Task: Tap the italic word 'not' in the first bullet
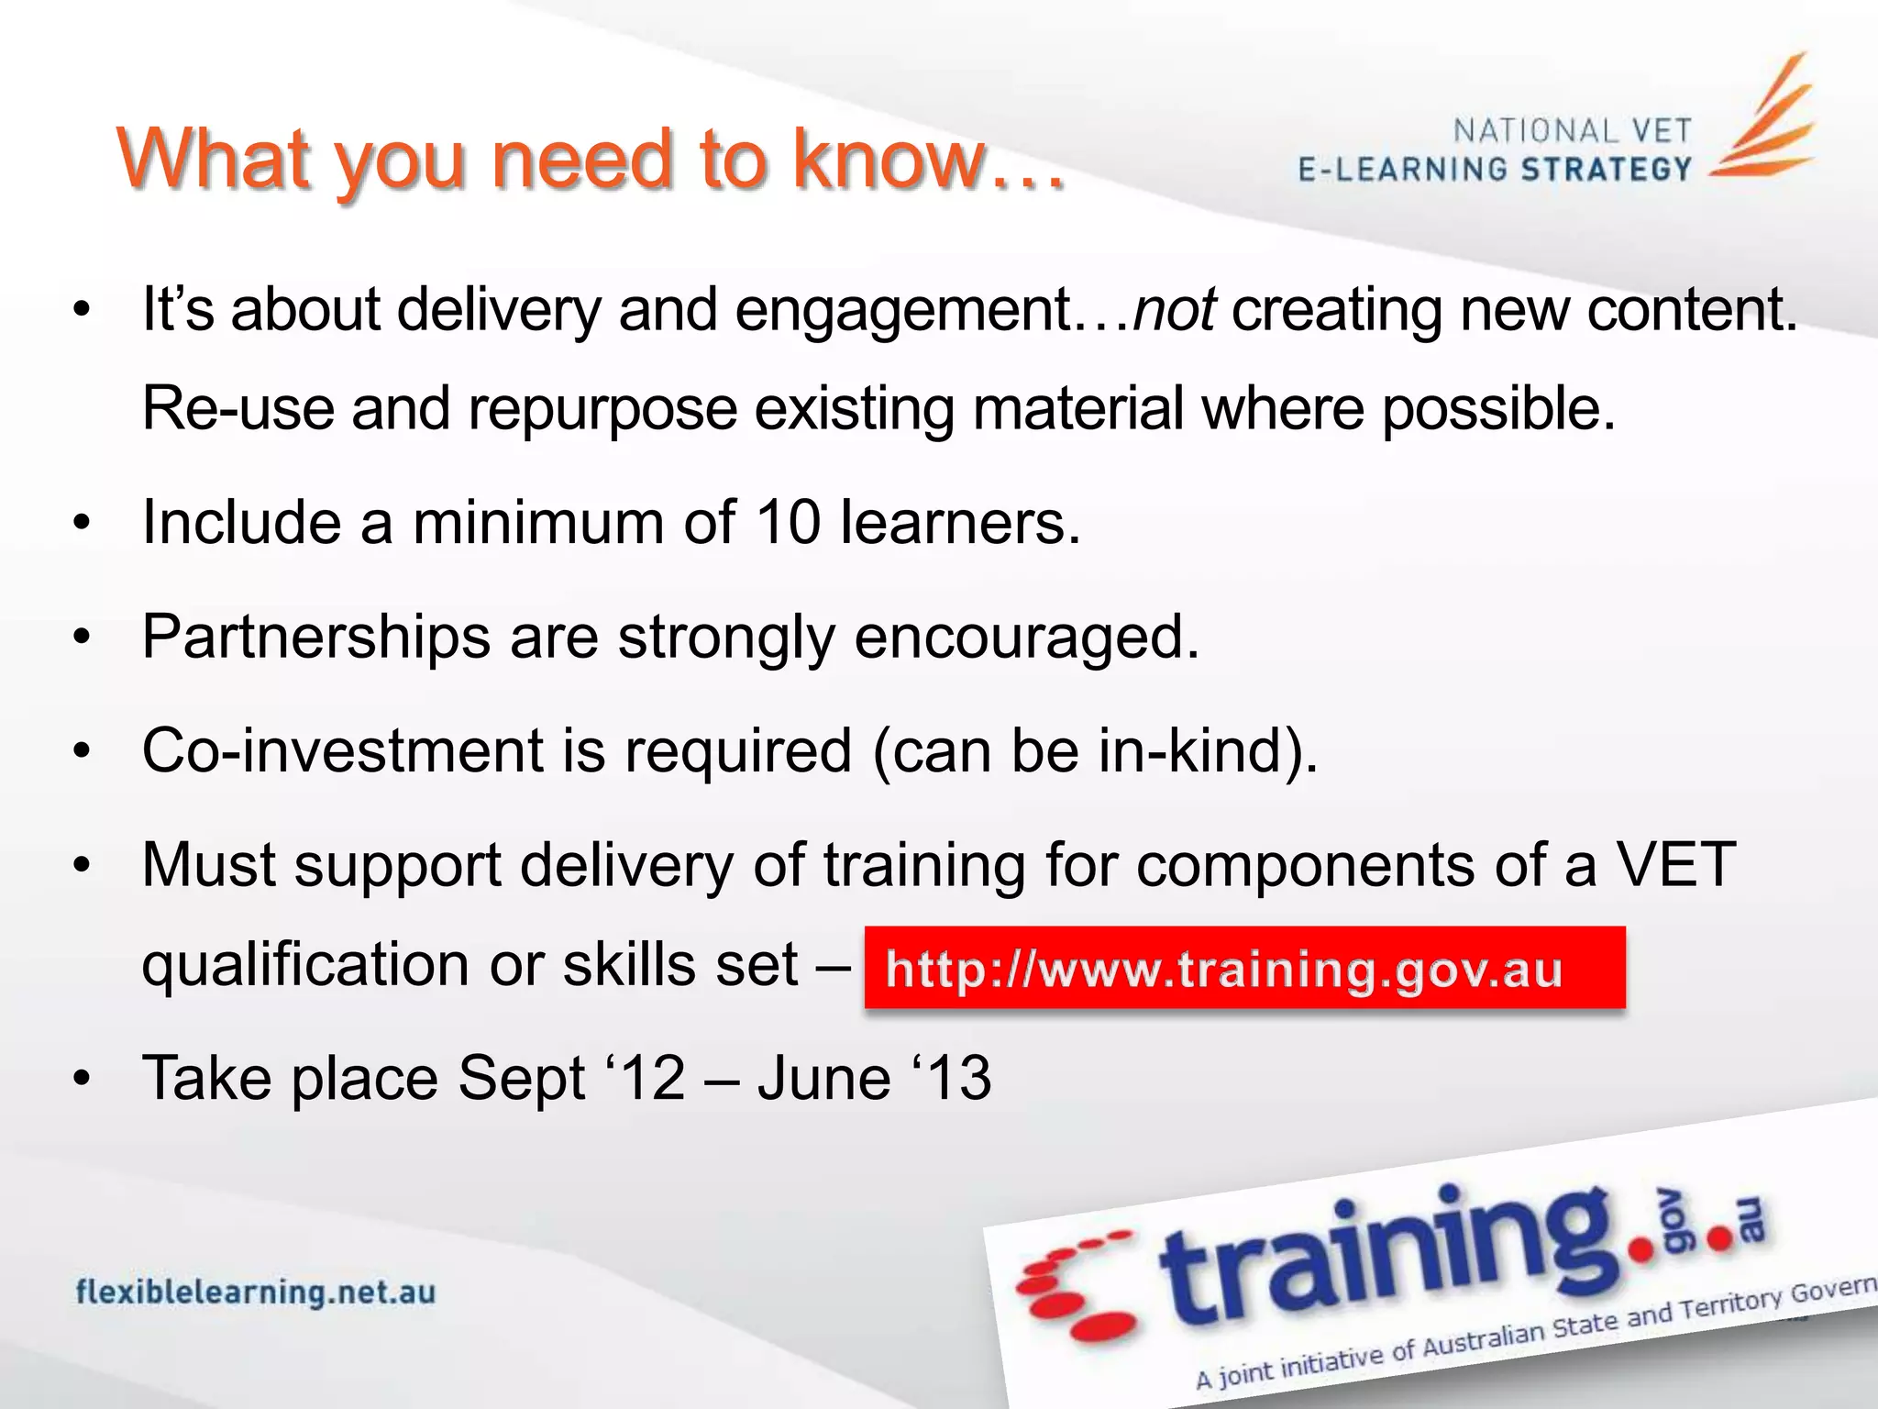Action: [x=1174, y=310]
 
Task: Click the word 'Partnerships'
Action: [x=316, y=638]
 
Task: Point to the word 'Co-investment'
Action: [x=343, y=751]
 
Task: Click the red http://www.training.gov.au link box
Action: [x=1243, y=969]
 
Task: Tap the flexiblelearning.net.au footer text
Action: [x=256, y=1293]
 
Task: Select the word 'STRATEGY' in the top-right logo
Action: [x=1606, y=170]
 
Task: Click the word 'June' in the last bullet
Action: [x=823, y=1078]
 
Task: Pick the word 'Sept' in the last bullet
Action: [x=520, y=1078]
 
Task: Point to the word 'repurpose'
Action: [x=602, y=409]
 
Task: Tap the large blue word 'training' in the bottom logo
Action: [x=1385, y=1257]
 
